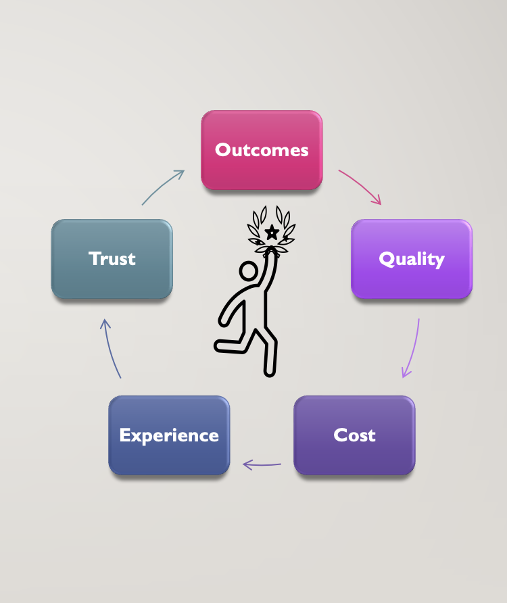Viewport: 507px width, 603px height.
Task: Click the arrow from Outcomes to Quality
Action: (x=361, y=186)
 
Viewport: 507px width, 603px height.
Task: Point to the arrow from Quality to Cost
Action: (x=412, y=349)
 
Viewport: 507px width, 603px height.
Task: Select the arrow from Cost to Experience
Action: (x=262, y=464)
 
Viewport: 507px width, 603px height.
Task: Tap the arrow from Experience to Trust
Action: (x=110, y=348)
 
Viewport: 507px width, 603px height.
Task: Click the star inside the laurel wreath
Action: (x=272, y=233)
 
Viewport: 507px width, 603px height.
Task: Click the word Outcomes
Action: (x=262, y=149)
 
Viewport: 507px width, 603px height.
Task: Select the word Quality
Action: (x=411, y=259)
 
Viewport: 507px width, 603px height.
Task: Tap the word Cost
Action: (x=354, y=435)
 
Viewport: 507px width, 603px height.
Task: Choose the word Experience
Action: (x=169, y=435)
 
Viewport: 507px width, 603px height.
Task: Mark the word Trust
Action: (x=112, y=258)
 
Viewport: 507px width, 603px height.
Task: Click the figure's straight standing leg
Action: (x=270, y=352)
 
